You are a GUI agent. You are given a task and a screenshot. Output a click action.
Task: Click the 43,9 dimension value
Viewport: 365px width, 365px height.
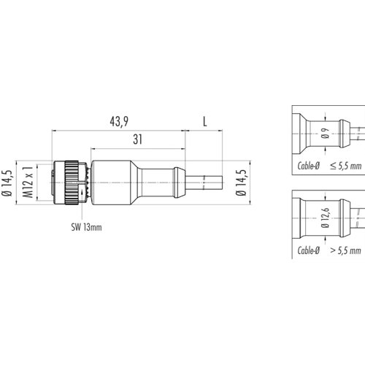pos(119,121)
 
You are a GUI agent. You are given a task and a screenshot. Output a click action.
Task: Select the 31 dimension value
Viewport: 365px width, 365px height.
pos(138,139)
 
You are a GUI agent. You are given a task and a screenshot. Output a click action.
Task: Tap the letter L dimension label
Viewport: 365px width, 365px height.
pos(205,121)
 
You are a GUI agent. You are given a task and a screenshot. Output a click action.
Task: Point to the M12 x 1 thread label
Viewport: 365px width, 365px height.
pos(28,182)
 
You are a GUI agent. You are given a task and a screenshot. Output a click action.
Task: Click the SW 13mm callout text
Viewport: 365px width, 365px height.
pos(86,227)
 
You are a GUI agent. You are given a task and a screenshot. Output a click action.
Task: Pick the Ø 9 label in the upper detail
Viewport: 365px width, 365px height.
pos(325,134)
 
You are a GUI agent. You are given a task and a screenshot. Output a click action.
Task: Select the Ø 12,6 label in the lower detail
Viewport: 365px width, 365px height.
pos(325,218)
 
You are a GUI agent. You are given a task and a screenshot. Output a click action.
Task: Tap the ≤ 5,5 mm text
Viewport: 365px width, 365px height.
pos(346,166)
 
